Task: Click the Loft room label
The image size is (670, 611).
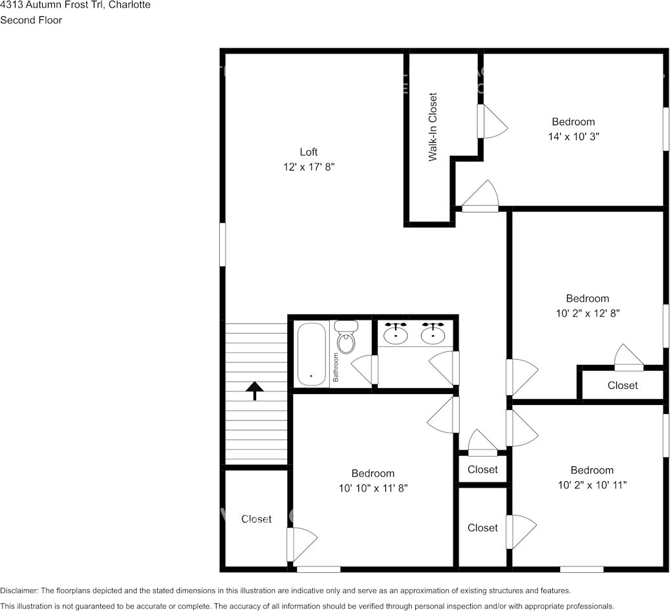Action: pos(308,152)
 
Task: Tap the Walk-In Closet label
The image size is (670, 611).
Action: pos(433,127)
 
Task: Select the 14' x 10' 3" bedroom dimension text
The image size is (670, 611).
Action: pos(573,137)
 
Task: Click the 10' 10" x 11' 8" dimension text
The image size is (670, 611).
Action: pos(373,488)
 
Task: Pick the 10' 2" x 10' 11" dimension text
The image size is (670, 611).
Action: pos(592,485)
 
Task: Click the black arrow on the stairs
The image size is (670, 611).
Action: pos(255,390)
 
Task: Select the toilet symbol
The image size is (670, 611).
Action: pos(347,338)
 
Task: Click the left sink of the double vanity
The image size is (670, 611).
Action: pos(395,335)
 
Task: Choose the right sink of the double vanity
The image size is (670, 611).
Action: pos(432,335)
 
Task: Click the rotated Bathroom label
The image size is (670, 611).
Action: pos(336,368)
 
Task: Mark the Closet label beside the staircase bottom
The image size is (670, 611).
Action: pos(256,519)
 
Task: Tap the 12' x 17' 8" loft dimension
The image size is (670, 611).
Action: pos(308,167)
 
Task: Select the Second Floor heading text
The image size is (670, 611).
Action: pos(31,20)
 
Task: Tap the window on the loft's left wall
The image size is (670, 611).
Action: pos(222,244)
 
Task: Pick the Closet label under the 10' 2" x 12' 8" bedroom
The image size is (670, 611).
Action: pos(622,386)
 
